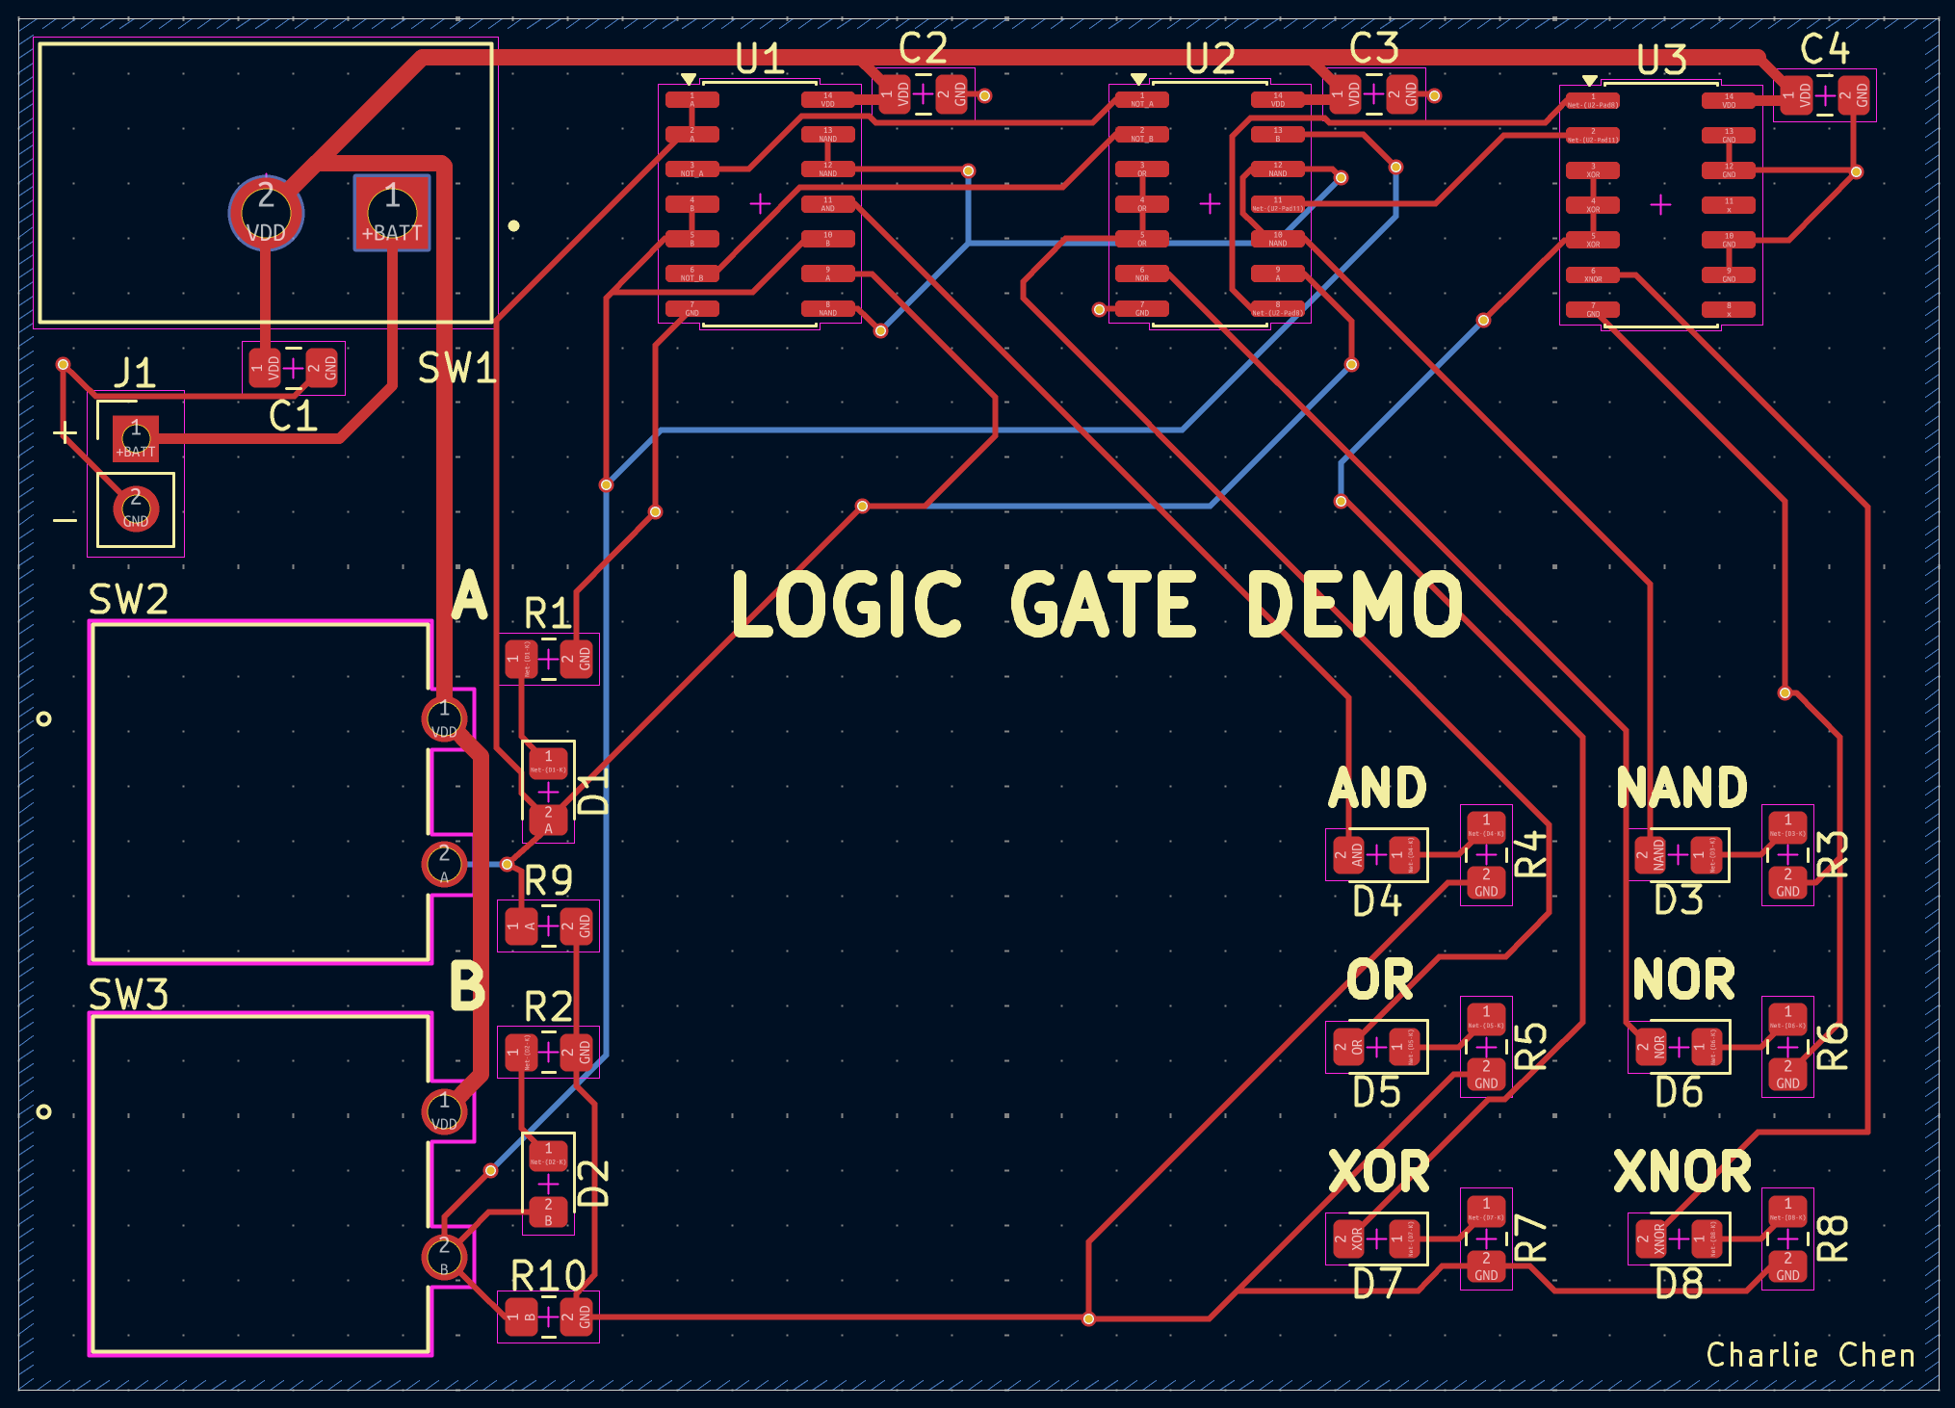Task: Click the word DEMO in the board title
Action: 1354,605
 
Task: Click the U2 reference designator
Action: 1210,60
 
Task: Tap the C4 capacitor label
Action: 1824,48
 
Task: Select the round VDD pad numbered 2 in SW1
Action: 266,212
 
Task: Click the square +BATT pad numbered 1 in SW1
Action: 392,212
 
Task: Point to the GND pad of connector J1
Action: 136,508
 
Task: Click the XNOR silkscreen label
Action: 1682,1172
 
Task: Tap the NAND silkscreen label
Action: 1681,788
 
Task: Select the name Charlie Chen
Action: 1810,1355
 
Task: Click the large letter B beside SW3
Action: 468,987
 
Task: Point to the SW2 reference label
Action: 128,600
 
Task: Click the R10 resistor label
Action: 548,1276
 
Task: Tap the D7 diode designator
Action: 1376,1284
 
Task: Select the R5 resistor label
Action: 1531,1047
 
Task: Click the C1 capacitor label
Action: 293,417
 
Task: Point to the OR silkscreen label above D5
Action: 1379,980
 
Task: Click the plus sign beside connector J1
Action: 65,432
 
